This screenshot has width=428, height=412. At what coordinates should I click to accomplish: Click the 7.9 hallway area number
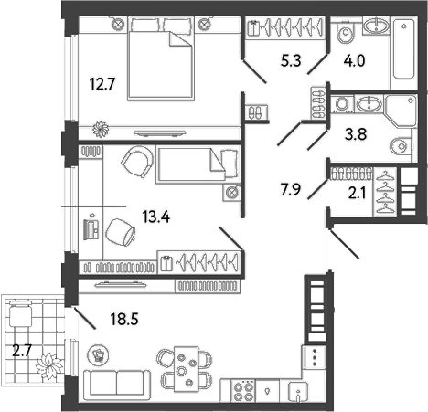291,191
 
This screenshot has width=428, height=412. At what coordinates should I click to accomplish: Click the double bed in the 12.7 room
158,59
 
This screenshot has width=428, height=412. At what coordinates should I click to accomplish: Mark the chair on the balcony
21,315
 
